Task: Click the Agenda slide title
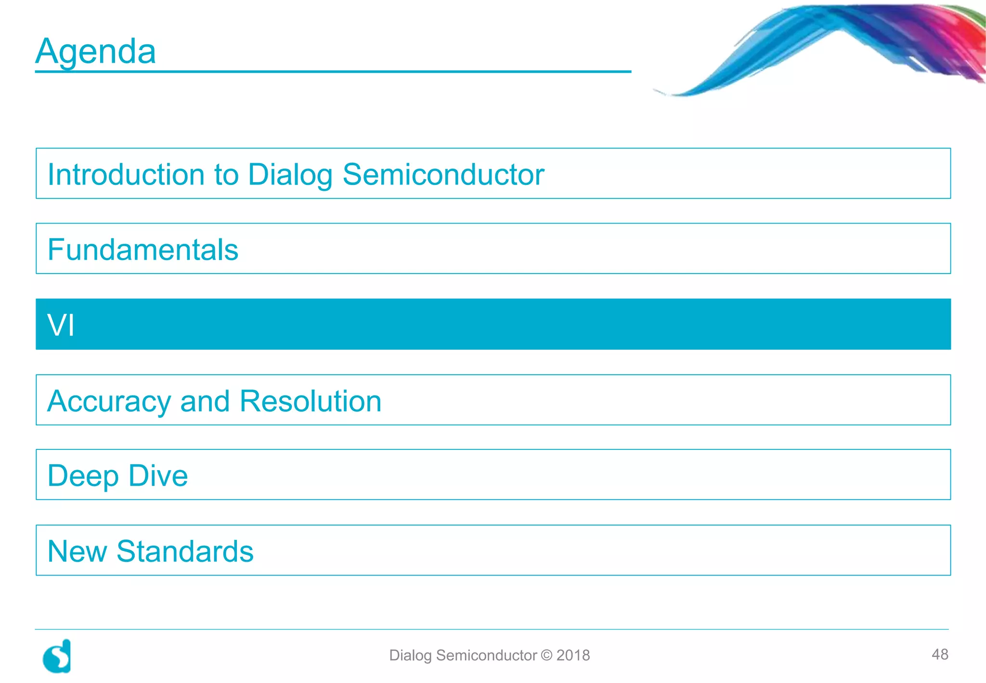pyautogui.click(x=96, y=51)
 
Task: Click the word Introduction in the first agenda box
pyautogui.click(x=126, y=174)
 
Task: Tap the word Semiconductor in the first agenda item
pyautogui.click(x=443, y=174)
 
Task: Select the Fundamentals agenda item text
pyautogui.click(x=143, y=250)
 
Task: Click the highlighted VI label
pyautogui.click(x=61, y=325)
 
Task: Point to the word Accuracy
pyautogui.click(x=109, y=402)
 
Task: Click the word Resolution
pyautogui.click(x=311, y=401)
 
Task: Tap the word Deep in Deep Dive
pyautogui.click(x=83, y=476)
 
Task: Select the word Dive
pyautogui.click(x=158, y=476)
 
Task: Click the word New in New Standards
pyautogui.click(x=77, y=551)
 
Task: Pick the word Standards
pyautogui.click(x=185, y=551)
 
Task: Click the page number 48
pyautogui.click(x=940, y=654)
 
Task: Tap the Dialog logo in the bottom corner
pyautogui.click(x=57, y=656)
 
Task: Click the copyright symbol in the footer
pyautogui.click(x=546, y=655)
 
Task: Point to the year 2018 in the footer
pyautogui.click(x=573, y=655)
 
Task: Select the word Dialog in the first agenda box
pyautogui.click(x=290, y=175)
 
